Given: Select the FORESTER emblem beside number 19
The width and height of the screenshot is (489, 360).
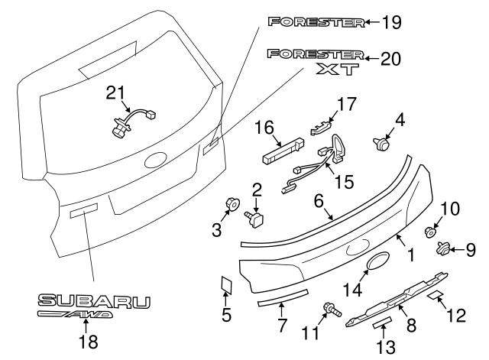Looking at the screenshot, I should pos(316,21).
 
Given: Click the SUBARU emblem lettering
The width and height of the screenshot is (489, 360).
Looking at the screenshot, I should pos(95,302).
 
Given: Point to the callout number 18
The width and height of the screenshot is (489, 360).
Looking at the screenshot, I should pos(89,342).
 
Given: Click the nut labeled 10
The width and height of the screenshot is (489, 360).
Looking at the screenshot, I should pos(431,230).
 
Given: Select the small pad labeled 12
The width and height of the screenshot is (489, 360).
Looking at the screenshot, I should pos(433,295).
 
